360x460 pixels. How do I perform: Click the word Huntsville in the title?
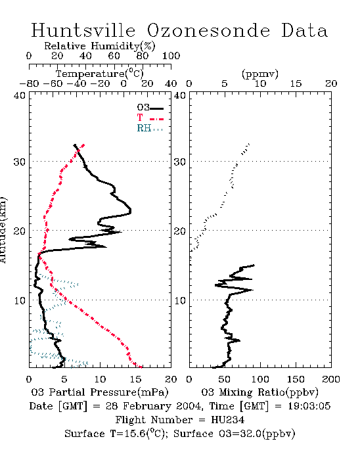(x=83, y=30)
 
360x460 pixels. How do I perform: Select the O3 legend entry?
(x=150, y=108)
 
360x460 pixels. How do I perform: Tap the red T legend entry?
(x=150, y=118)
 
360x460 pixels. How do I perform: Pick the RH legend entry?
(x=150, y=128)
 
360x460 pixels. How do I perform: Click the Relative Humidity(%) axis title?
(x=100, y=46)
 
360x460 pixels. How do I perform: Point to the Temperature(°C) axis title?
(x=100, y=74)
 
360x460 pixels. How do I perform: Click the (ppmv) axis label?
(x=260, y=74)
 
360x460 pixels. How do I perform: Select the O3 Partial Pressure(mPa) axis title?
(x=100, y=392)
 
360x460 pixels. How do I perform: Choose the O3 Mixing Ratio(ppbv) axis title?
(x=259, y=392)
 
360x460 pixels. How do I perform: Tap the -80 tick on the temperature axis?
(x=29, y=84)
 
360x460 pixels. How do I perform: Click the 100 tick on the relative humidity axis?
(x=171, y=56)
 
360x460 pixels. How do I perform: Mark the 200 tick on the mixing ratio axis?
(x=331, y=379)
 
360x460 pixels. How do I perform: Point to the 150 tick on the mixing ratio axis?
(x=296, y=379)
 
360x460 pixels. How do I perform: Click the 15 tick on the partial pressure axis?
(x=135, y=379)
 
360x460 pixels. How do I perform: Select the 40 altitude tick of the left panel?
(x=20, y=95)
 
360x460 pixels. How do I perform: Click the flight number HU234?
(x=227, y=420)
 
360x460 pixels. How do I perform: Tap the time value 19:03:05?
(x=309, y=406)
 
